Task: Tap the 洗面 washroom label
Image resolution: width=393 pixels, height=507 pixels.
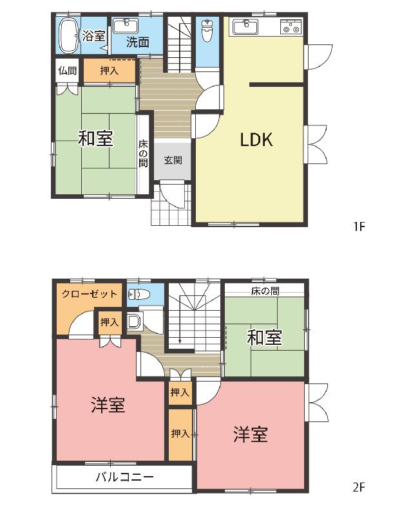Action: (x=138, y=42)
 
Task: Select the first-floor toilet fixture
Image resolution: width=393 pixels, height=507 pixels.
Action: (x=207, y=30)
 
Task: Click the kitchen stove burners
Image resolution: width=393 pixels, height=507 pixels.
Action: (x=291, y=26)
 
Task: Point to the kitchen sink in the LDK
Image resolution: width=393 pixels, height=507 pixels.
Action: (x=245, y=26)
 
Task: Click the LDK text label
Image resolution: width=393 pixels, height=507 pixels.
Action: (x=256, y=140)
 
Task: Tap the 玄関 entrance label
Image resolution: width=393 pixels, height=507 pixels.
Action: (x=173, y=160)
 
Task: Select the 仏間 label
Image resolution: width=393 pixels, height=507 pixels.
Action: (x=68, y=71)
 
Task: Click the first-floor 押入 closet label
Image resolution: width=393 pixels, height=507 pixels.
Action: (x=109, y=70)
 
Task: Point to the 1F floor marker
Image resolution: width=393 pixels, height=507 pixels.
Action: (x=359, y=226)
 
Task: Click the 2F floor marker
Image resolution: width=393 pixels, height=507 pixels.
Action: (x=359, y=486)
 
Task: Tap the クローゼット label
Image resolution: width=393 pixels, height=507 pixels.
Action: (x=90, y=294)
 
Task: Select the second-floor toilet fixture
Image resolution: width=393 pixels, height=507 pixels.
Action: (x=139, y=294)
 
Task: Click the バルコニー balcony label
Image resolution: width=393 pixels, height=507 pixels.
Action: (x=124, y=477)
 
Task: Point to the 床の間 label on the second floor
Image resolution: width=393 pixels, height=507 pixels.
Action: (x=265, y=291)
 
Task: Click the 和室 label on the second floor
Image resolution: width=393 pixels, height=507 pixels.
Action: (x=265, y=338)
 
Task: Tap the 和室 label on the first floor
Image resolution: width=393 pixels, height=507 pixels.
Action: (x=95, y=138)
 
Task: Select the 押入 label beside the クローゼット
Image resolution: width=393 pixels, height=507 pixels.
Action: (x=110, y=322)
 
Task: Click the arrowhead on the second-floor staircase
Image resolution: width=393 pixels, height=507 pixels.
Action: (x=180, y=341)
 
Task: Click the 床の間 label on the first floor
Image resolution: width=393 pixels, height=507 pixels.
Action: (x=143, y=153)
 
